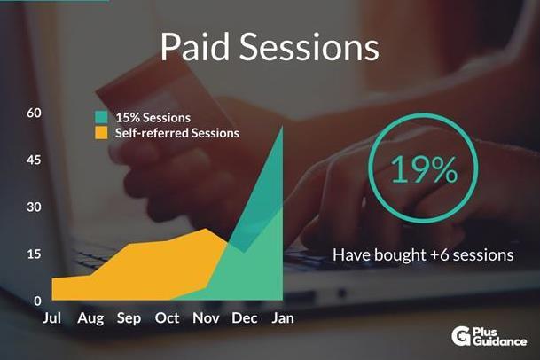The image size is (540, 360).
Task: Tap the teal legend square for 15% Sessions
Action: pyautogui.click(x=101, y=117)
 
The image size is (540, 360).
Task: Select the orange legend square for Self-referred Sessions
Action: pyautogui.click(x=101, y=133)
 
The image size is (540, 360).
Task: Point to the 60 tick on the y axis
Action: pyautogui.click(x=34, y=113)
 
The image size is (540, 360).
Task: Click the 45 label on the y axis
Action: pyautogui.click(x=34, y=160)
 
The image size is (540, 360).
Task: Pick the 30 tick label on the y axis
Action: pyautogui.click(x=34, y=207)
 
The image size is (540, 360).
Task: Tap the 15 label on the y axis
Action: pyautogui.click(x=34, y=254)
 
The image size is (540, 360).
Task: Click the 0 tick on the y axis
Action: pyautogui.click(x=37, y=301)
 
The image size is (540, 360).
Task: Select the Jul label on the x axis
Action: pyautogui.click(x=52, y=318)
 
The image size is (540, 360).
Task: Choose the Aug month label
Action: pyautogui.click(x=90, y=318)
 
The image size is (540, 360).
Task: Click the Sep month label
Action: pyautogui.click(x=129, y=318)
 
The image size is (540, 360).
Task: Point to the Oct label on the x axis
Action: pyautogui.click(x=167, y=318)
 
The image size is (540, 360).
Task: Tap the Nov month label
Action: pyautogui.click(x=206, y=318)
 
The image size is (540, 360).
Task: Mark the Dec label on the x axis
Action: pyautogui.click(x=245, y=318)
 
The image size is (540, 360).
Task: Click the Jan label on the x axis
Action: pyautogui.click(x=283, y=318)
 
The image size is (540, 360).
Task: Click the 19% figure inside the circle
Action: pyautogui.click(x=424, y=169)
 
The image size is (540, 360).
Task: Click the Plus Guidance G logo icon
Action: pyautogui.click(x=461, y=336)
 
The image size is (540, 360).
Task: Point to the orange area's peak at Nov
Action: pyautogui.click(x=206, y=229)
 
